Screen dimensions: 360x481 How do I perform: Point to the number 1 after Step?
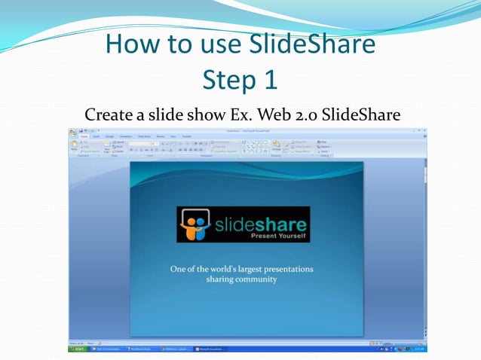tap(270, 79)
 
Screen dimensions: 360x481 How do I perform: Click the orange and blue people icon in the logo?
tap(194, 224)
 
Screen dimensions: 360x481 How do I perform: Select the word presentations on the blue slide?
tap(283, 268)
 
